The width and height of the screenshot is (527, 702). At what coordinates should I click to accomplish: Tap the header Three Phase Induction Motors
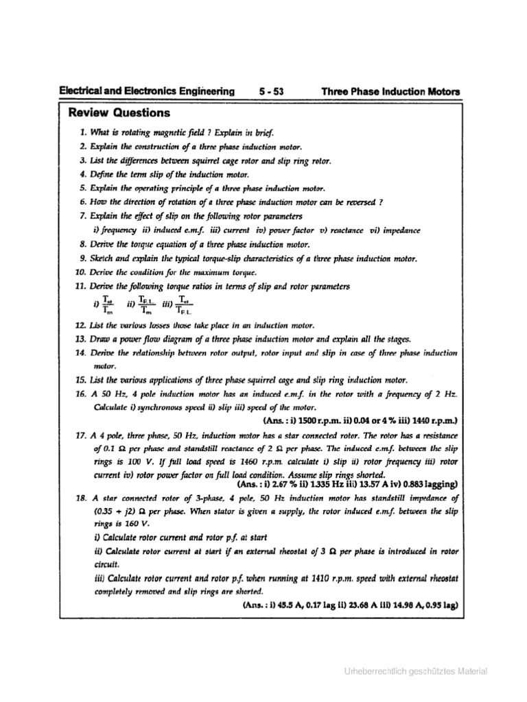(x=390, y=91)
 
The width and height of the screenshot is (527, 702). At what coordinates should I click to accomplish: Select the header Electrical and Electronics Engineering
(x=147, y=91)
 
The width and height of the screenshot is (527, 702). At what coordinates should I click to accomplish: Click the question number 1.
(x=82, y=132)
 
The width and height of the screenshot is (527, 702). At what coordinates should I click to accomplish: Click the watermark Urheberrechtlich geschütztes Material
(x=416, y=671)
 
